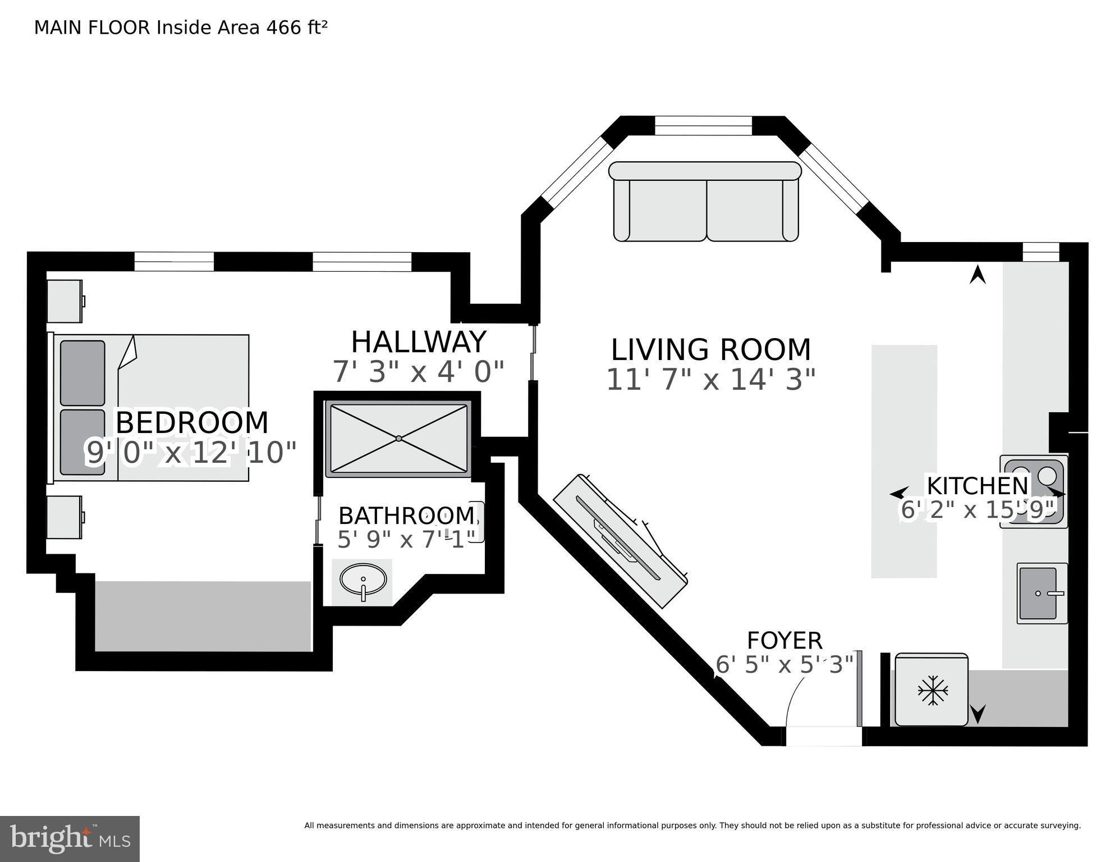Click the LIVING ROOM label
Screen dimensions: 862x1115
tap(710, 350)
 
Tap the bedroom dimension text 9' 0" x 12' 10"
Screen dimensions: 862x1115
tap(191, 453)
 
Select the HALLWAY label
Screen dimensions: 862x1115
tap(418, 342)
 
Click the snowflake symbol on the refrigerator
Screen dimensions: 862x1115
tap(932, 690)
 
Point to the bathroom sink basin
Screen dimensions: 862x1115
tap(363, 579)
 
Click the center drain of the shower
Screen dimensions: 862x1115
tap(398, 438)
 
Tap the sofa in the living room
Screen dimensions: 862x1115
tap(705, 203)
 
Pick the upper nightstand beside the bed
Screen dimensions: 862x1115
tap(65, 302)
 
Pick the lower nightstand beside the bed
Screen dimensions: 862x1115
tap(64, 517)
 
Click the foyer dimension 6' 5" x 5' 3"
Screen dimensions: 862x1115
tap(784, 665)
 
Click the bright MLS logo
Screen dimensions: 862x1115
tap(70, 838)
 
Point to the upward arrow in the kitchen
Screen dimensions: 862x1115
tap(978, 275)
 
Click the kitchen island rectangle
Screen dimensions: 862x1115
tap(903, 461)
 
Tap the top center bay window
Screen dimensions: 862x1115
tap(703, 126)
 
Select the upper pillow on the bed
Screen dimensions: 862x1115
tap(82, 373)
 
